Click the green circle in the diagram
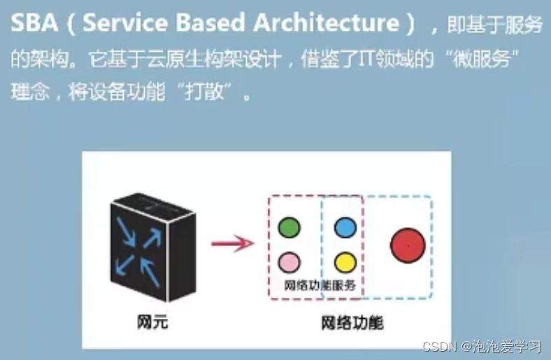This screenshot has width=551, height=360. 289,227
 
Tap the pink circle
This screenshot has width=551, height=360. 289,262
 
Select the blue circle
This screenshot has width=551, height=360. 345,227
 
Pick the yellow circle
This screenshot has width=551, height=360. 345,262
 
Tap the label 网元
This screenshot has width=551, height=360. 151,323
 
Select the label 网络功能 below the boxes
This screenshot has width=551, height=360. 352,324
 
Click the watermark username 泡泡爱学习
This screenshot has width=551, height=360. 513,346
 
